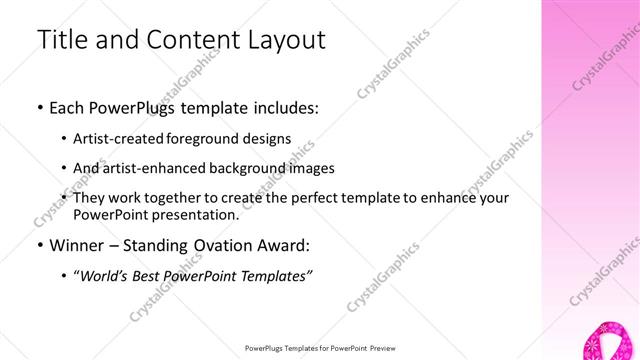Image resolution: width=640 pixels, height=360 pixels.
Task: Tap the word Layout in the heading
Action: [282, 40]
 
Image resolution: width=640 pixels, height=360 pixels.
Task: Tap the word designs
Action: [267, 139]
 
